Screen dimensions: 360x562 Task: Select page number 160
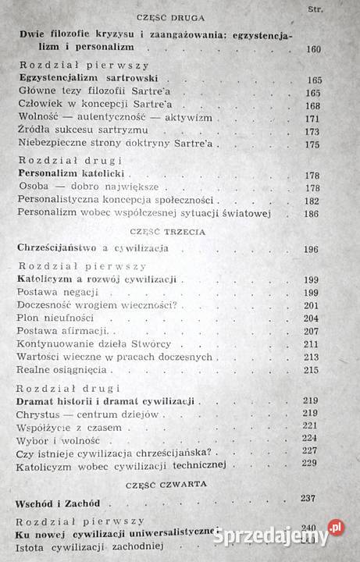314,49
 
